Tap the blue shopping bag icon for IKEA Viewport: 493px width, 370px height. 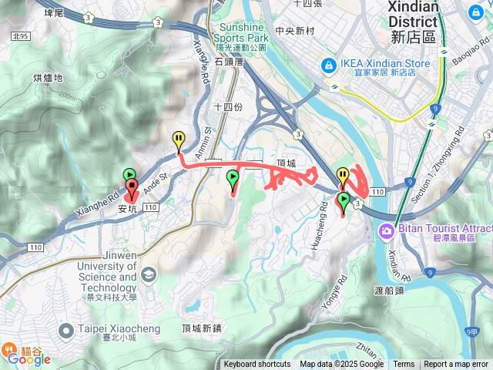(329, 65)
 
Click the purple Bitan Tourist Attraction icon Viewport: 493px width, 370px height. (385, 230)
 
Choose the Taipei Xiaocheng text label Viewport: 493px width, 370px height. (119, 329)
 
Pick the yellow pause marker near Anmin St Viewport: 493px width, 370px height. (179, 140)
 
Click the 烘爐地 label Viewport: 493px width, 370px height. (48, 79)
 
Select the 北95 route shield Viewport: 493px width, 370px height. (21, 36)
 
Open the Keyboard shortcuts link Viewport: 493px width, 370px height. (257, 365)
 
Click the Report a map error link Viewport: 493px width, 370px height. (456, 365)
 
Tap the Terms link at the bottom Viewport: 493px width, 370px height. (404, 365)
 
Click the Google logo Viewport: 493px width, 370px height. (29, 358)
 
